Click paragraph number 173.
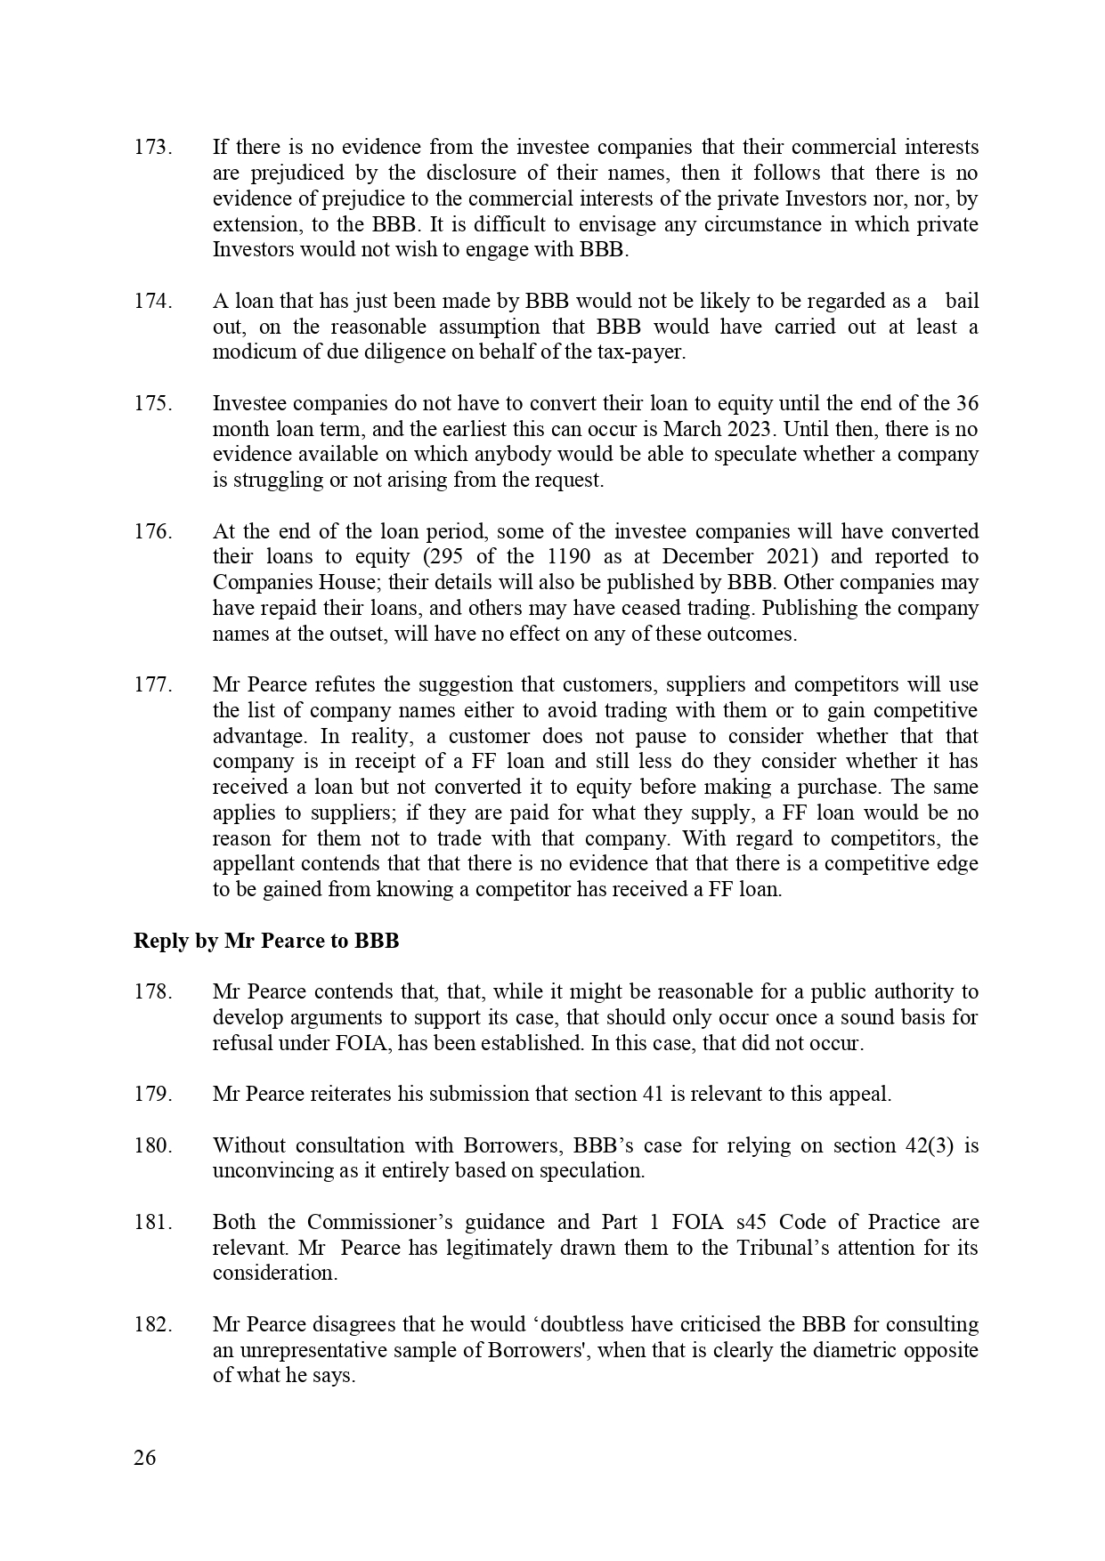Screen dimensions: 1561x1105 click(x=152, y=148)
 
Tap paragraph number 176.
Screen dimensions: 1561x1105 click(x=152, y=532)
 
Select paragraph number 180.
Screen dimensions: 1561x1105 click(x=152, y=1146)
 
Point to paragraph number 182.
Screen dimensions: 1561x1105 click(x=152, y=1325)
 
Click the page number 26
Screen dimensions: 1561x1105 click(x=144, y=1459)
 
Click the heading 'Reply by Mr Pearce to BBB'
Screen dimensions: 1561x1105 click(x=266, y=942)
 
